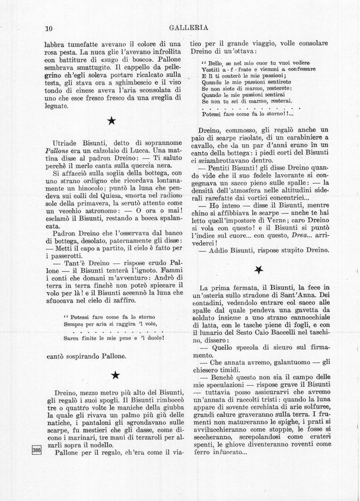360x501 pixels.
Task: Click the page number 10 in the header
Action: coord(48,28)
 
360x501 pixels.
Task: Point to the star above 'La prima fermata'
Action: coord(258,269)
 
